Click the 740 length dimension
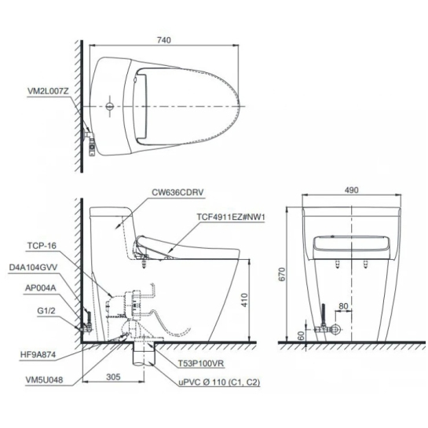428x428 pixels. tap(164, 40)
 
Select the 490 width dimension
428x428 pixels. tap(351, 190)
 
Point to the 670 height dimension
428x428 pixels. tap(282, 274)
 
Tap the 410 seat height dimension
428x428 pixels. tap(244, 300)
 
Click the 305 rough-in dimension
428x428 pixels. tap(113, 377)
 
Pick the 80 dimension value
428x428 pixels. tap(343, 306)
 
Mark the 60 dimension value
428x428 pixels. tap(301, 336)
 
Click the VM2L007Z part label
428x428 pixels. tap(48, 91)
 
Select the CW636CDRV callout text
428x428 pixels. tap(177, 192)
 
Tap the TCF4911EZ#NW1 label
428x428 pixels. tap(231, 217)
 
